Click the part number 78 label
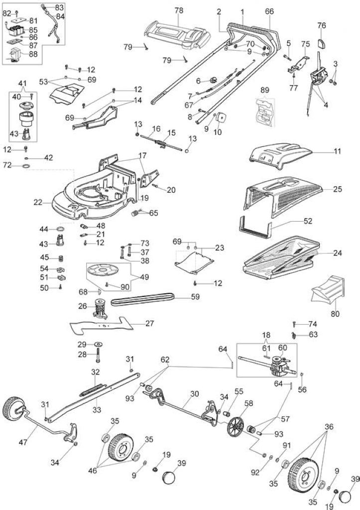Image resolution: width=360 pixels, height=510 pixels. point(179,10)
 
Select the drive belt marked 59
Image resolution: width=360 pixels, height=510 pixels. point(142,299)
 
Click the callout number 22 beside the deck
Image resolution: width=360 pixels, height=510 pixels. point(38,202)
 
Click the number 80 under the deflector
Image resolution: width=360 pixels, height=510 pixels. point(335,314)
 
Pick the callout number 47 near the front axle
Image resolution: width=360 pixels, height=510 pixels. point(23,442)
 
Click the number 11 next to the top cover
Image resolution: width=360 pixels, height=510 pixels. point(337,151)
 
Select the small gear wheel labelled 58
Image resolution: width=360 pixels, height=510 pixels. point(236,426)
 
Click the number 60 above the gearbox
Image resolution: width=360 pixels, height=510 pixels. point(283,348)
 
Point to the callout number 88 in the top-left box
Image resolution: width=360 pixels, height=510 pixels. point(33,54)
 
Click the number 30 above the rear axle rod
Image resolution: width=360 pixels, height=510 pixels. point(194,393)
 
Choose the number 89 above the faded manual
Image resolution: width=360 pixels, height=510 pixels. point(265,90)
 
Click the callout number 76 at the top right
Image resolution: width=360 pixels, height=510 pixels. point(321,25)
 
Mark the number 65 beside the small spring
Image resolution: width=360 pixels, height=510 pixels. point(153,213)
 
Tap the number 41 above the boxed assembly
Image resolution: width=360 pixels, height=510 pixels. point(23,83)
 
